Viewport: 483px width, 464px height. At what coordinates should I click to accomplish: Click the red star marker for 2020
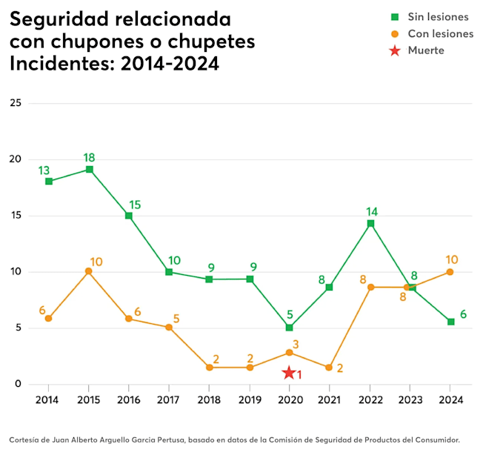click(289, 373)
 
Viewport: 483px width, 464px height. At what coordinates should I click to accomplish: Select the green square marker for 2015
click(89, 169)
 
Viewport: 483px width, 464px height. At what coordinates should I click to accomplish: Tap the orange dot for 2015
click(89, 271)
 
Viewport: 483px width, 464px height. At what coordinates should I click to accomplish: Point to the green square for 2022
click(370, 223)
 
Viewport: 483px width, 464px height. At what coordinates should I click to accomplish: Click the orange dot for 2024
click(450, 272)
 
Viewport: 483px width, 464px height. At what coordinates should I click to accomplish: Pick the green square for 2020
click(290, 328)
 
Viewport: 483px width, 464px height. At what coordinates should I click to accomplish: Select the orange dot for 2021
click(330, 368)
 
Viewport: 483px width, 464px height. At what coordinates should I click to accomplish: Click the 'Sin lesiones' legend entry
click(438, 17)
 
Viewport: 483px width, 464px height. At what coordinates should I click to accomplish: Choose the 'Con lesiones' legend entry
click(440, 33)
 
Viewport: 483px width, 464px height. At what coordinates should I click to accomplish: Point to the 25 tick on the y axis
click(16, 103)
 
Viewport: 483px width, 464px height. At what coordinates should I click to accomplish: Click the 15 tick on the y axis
click(16, 216)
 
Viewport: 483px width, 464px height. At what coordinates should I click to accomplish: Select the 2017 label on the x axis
click(169, 400)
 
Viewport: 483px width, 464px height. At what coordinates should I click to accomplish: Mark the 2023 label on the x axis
click(410, 400)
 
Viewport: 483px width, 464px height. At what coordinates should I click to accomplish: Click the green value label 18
click(89, 157)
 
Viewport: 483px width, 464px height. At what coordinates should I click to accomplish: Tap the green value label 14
click(371, 211)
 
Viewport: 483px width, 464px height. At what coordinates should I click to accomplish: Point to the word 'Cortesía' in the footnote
click(24, 440)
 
